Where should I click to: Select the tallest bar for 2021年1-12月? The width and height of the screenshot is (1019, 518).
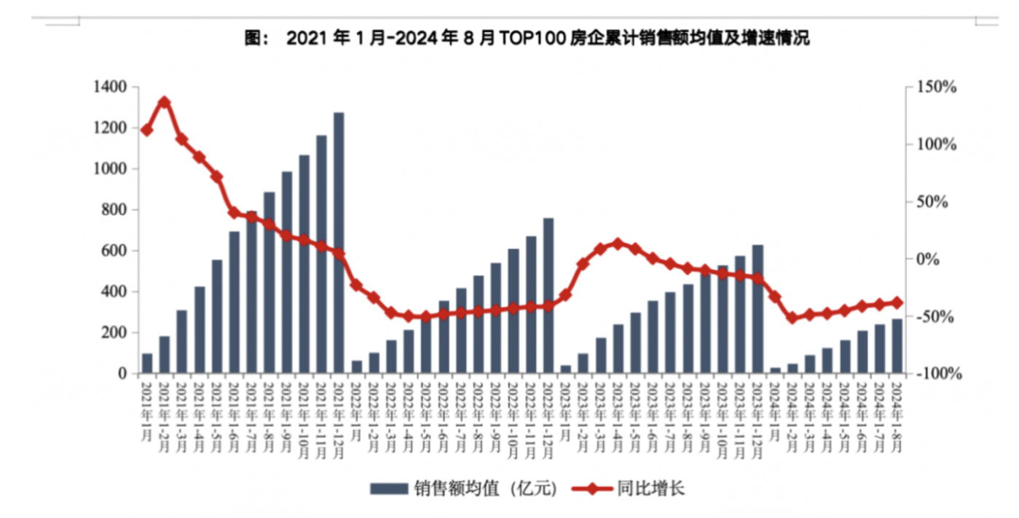[x=339, y=243]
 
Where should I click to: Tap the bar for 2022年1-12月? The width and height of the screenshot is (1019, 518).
[x=548, y=296]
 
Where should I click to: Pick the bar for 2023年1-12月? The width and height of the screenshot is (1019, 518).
[x=758, y=310]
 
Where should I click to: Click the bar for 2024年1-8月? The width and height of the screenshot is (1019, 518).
[x=897, y=347]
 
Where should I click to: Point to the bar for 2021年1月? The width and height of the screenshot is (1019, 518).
[x=147, y=364]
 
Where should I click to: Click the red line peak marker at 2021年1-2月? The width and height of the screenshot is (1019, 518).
[x=165, y=102]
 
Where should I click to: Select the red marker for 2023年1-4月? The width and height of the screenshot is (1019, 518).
[x=618, y=243]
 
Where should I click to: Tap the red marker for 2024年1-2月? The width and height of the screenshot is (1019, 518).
[x=792, y=318]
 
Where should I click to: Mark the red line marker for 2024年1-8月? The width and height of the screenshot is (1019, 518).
[x=897, y=302]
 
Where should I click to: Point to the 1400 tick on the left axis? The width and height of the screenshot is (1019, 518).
[x=110, y=87]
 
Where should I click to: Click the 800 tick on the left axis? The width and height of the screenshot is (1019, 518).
[x=114, y=210]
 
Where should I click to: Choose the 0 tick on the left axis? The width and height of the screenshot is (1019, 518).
[x=122, y=374]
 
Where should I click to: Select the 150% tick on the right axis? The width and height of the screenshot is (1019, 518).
[x=935, y=87]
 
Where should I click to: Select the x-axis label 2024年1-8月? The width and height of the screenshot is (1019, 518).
[x=897, y=415]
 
